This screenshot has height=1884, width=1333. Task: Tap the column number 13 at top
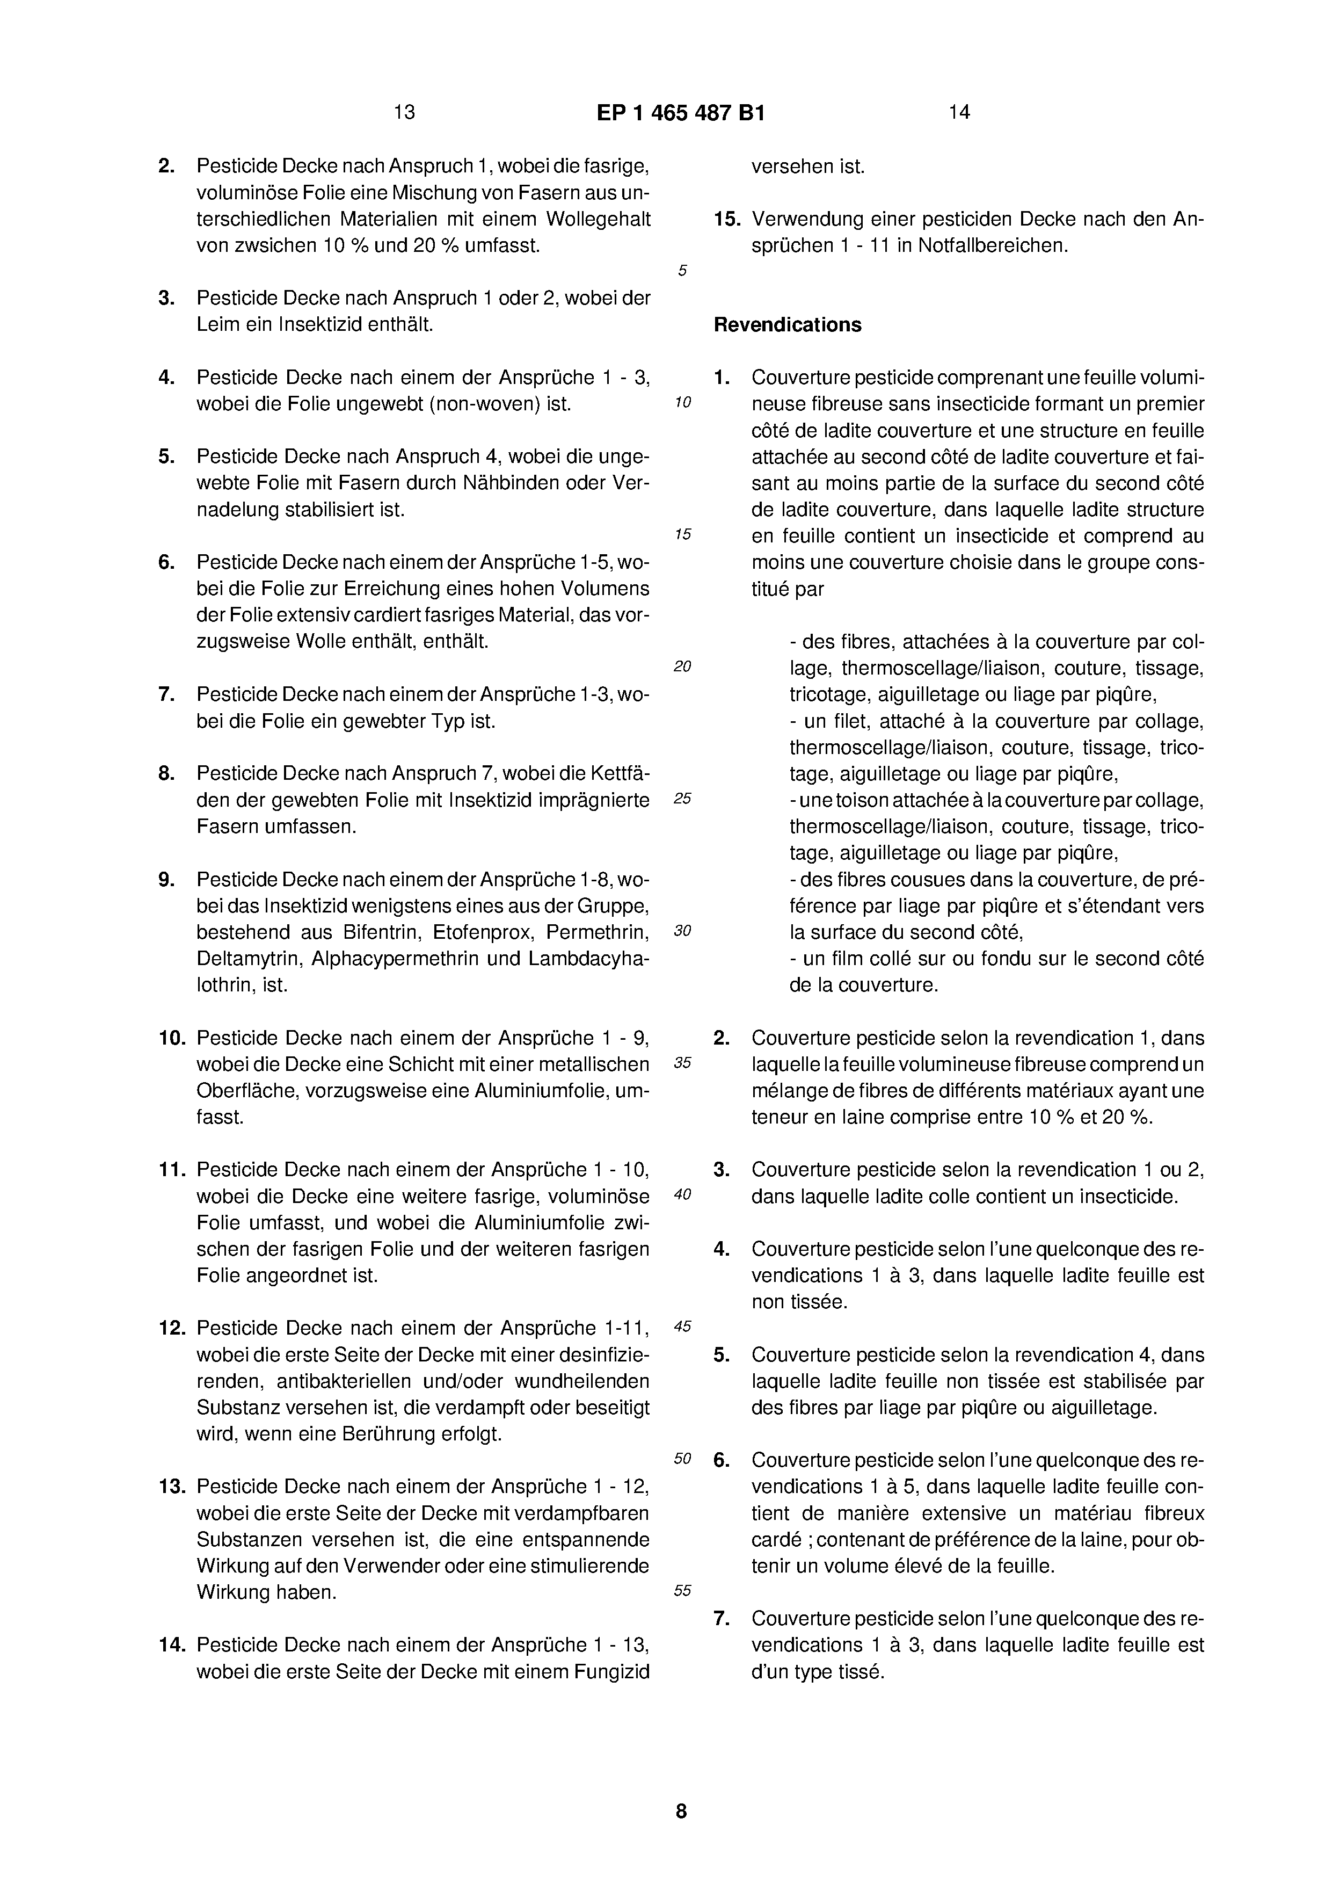coord(404,112)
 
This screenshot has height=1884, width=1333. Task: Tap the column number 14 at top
coord(959,112)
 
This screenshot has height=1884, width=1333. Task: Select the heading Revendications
coord(787,325)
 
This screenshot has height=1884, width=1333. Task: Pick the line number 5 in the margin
coord(682,271)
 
